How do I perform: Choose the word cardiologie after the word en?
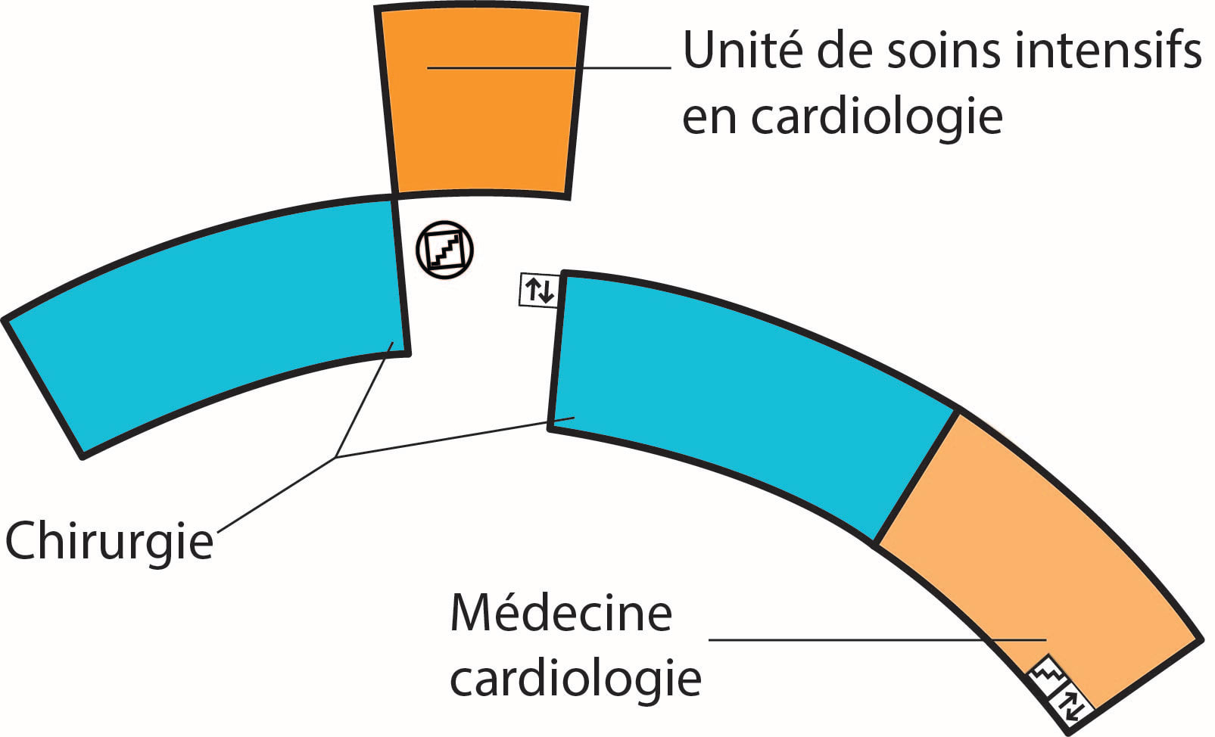pyautogui.click(x=877, y=117)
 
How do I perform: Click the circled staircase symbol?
pyautogui.click(x=445, y=250)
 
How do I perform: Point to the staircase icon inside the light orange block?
pyautogui.click(x=1048, y=672)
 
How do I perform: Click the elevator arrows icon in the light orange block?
pyautogui.click(x=1075, y=704)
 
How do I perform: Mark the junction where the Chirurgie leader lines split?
pyautogui.click(x=335, y=457)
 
